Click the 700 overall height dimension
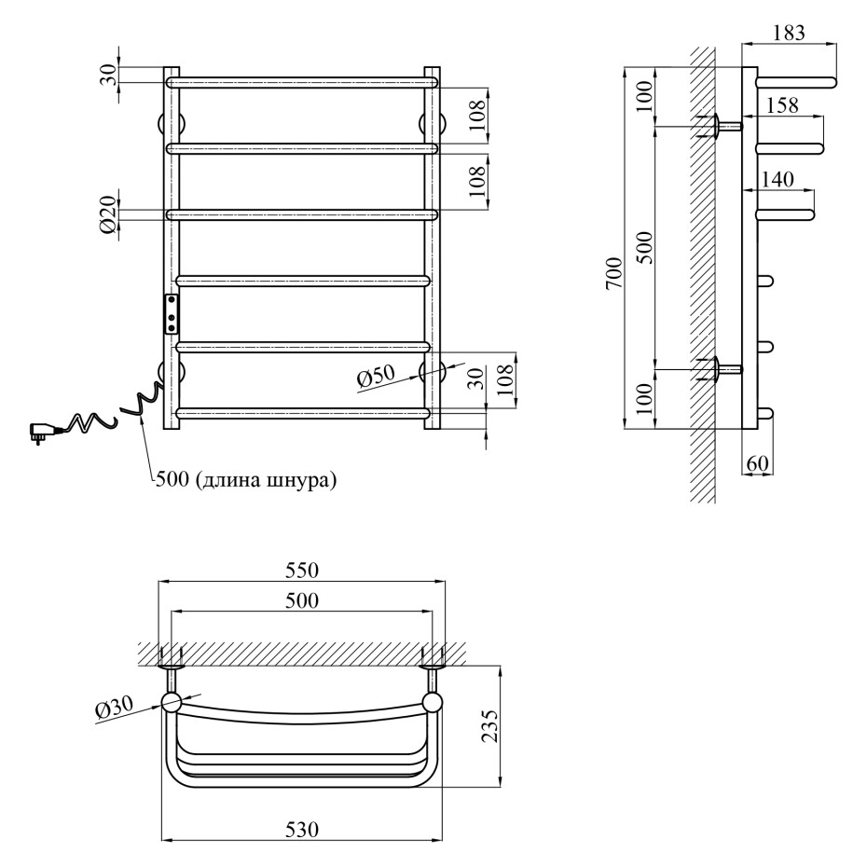click(612, 272)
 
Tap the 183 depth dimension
click(790, 32)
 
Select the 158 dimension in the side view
click(781, 105)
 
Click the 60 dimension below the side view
click(758, 463)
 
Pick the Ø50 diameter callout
click(375, 375)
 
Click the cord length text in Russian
click(245, 481)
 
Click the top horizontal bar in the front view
click(302, 82)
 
